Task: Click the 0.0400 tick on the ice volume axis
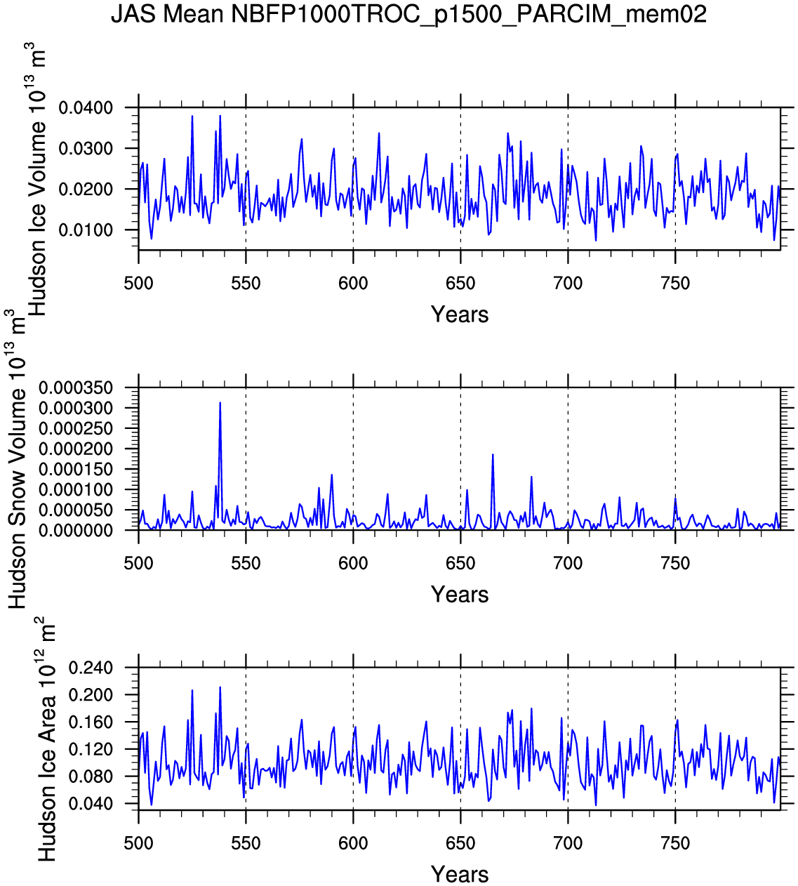(x=86, y=108)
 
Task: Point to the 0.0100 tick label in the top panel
(x=86, y=230)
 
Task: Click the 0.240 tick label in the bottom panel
(x=91, y=668)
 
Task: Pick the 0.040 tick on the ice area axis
(x=91, y=804)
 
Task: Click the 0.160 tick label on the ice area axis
(x=91, y=722)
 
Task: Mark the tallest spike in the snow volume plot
(x=220, y=404)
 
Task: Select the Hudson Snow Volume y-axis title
(x=17, y=463)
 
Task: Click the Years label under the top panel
(x=460, y=315)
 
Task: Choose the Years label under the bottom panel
(x=460, y=875)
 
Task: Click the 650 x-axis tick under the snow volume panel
(x=460, y=564)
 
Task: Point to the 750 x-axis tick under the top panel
(x=675, y=284)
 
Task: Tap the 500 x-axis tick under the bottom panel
(x=138, y=844)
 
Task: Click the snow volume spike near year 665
(x=493, y=456)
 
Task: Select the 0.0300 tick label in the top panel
(x=86, y=149)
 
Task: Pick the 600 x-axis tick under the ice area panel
(x=353, y=844)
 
